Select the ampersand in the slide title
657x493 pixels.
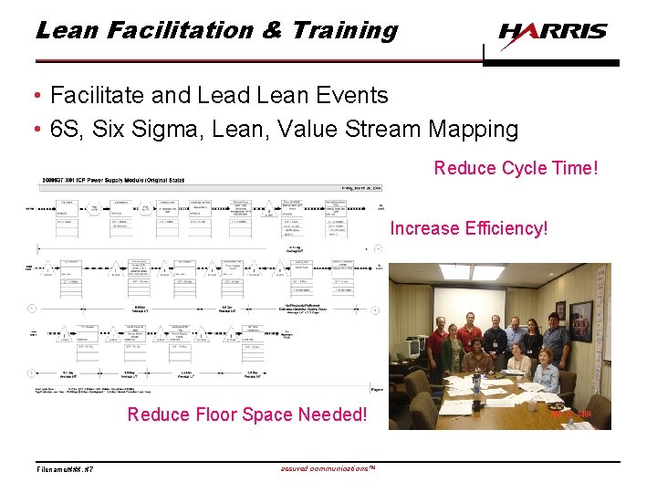click(272, 30)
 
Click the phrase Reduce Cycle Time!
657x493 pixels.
click(516, 168)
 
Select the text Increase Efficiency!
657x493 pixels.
click(469, 228)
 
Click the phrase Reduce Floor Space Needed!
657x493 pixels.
click(246, 414)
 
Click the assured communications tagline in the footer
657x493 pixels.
click(326, 468)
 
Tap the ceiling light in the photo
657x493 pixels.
click(488, 271)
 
